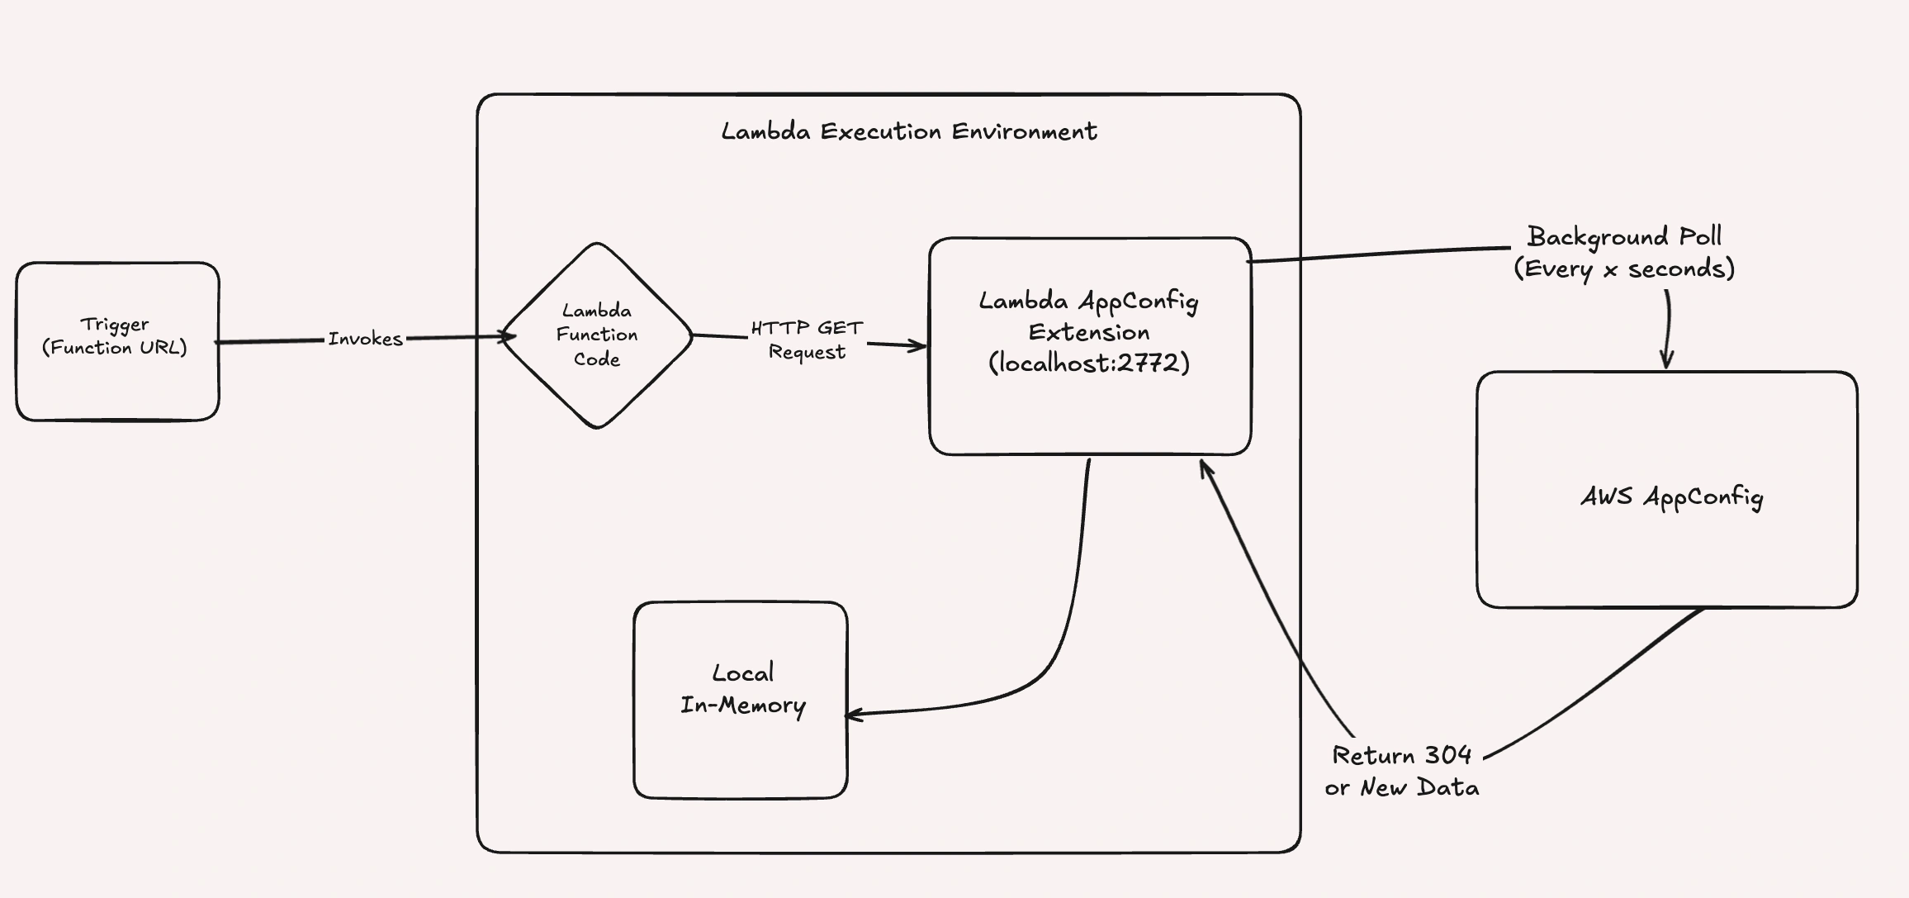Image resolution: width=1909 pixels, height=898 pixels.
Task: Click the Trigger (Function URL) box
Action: coord(117,380)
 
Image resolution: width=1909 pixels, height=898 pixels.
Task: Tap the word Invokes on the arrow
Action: coord(365,339)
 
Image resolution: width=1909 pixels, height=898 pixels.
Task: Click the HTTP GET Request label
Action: coord(807,340)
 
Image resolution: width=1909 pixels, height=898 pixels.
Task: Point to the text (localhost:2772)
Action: coord(1089,363)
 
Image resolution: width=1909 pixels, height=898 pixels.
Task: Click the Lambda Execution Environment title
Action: coord(908,131)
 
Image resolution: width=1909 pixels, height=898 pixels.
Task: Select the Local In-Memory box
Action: coord(741,744)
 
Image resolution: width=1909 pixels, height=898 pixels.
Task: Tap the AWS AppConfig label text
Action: coord(1671,497)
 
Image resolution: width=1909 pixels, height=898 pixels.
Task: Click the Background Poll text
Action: coord(1623,236)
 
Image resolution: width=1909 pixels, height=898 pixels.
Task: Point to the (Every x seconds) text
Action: coord(1623,268)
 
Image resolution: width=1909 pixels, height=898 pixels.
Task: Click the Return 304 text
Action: coord(1401,755)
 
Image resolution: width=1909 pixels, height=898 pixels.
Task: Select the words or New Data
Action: coord(1401,787)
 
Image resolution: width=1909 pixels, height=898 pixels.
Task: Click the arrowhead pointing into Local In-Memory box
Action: coord(853,715)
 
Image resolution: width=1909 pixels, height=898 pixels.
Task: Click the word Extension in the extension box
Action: coord(1088,333)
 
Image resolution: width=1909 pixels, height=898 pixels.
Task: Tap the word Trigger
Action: coord(115,324)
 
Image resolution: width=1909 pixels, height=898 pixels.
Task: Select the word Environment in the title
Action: coord(1024,131)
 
